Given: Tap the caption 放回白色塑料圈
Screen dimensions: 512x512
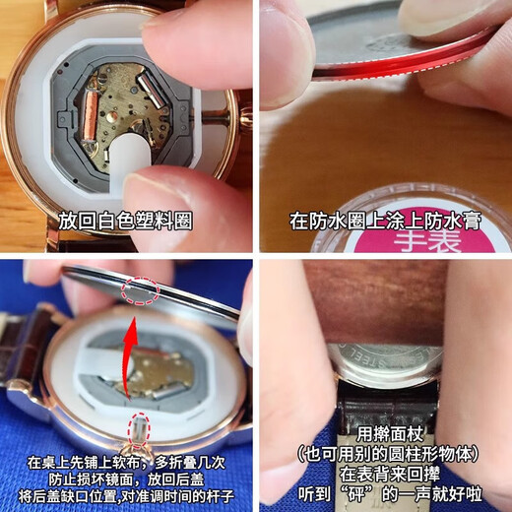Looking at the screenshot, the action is [x=125, y=221].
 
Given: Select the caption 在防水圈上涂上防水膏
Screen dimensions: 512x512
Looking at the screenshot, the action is [x=385, y=221].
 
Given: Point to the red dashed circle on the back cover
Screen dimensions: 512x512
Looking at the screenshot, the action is [x=141, y=290].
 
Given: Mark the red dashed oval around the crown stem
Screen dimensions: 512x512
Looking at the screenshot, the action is [x=140, y=430].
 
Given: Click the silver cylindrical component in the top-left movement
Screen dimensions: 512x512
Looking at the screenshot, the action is [x=151, y=89].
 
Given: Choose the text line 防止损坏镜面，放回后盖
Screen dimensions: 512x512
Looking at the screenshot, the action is [x=126, y=480].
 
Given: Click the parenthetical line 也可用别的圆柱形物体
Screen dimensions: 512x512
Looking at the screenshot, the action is [x=388, y=454].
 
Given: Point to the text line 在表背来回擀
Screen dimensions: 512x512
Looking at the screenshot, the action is [x=390, y=474].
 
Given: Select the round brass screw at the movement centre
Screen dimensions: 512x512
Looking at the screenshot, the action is [x=112, y=116].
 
